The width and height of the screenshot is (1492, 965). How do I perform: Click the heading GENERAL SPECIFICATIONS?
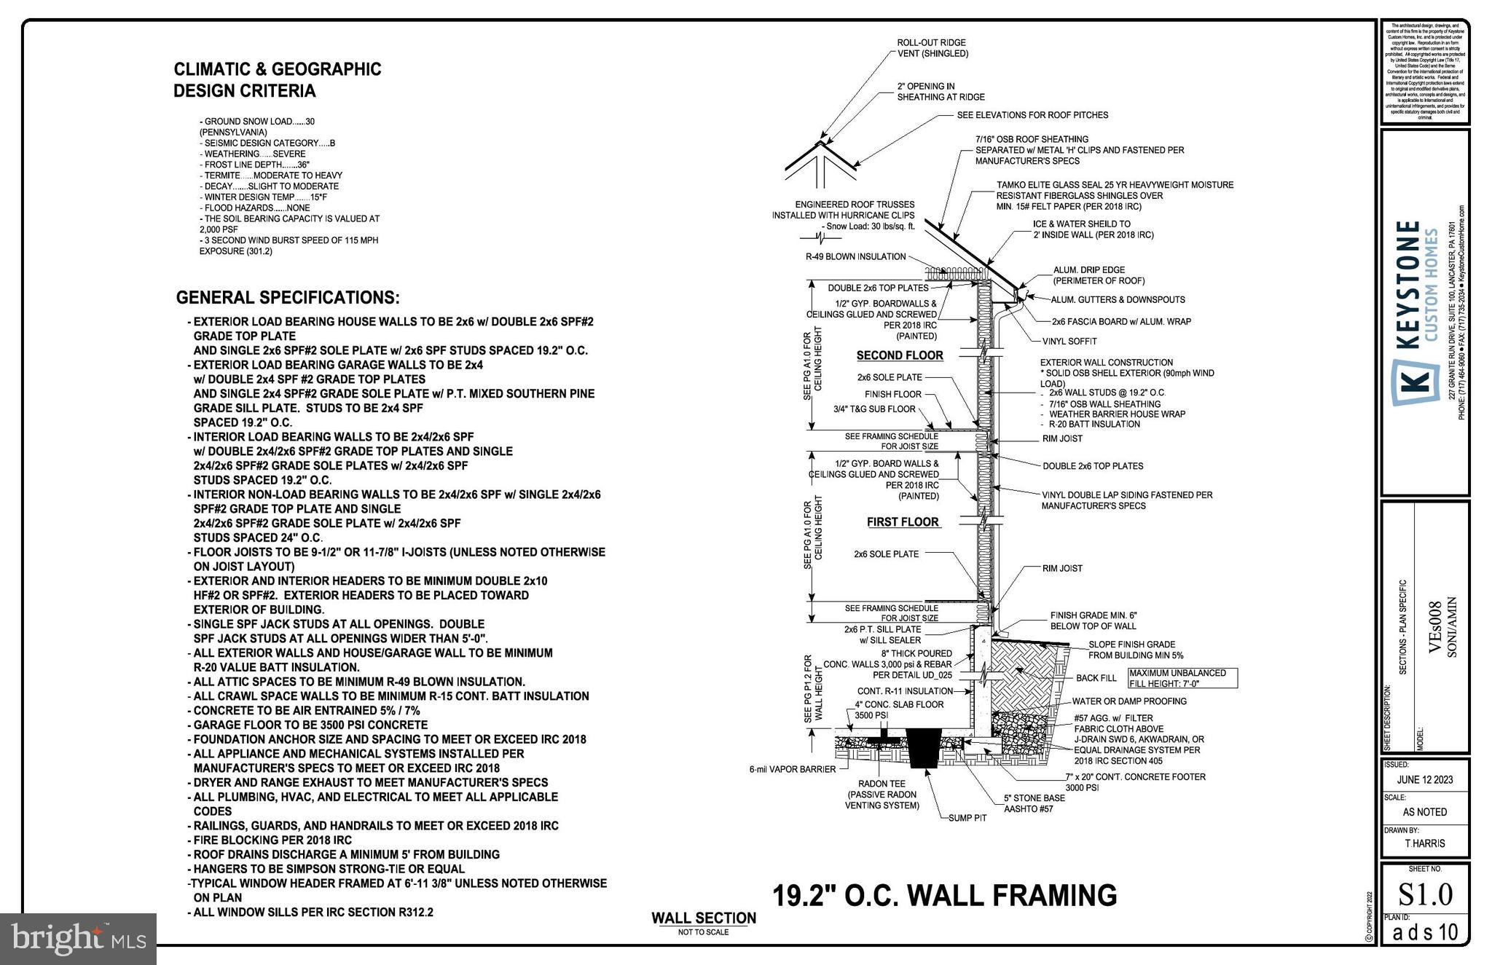(288, 298)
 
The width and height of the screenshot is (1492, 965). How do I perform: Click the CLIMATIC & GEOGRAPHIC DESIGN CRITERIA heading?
(277, 80)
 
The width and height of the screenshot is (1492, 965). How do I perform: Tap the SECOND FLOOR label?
(900, 355)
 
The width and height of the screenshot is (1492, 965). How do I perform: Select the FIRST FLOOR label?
(903, 522)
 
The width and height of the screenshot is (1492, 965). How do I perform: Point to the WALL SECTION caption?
(703, 918)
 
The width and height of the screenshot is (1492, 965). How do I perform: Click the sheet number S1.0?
(1424, 894)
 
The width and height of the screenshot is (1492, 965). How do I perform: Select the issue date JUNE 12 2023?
(1424, 779)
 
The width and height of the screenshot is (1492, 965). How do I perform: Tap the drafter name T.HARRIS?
(1424, 843)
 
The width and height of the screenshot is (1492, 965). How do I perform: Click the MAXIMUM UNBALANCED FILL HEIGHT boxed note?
(1182, 678)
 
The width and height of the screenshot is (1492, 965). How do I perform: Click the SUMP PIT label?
(967, 818)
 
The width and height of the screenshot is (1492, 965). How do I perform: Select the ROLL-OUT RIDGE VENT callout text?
(932, 48)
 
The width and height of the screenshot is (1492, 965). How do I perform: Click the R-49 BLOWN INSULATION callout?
(855, 256)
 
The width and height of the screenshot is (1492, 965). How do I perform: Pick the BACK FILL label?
(1096, 678)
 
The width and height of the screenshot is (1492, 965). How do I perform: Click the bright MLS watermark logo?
(78, 938)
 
